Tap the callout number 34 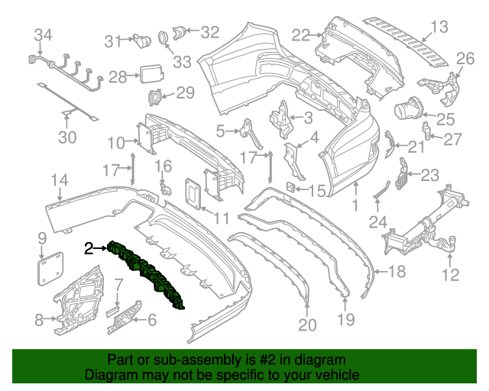[x=44, y=34]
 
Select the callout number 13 [x=438, y=28]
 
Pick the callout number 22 [x=301, y=34]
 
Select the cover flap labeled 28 [x=148, y=75]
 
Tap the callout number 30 [x=68, y=138]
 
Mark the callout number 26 [x=465, y=59]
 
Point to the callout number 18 [x=397, y=272]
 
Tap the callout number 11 [x=221, y=218]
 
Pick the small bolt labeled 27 [x=429, y=138]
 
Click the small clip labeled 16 [x=164, y=186]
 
